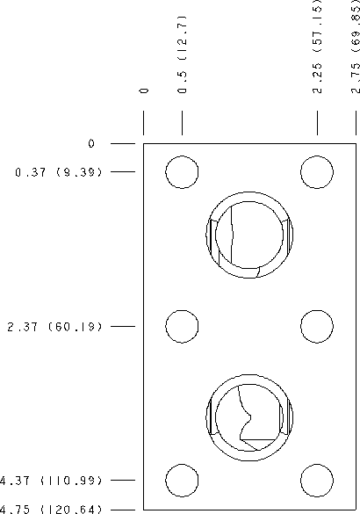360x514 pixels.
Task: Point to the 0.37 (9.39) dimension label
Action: pyautogui.click(x=59, y=172)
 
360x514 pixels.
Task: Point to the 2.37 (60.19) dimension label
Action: pyautogui.click(x=54, y=327)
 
